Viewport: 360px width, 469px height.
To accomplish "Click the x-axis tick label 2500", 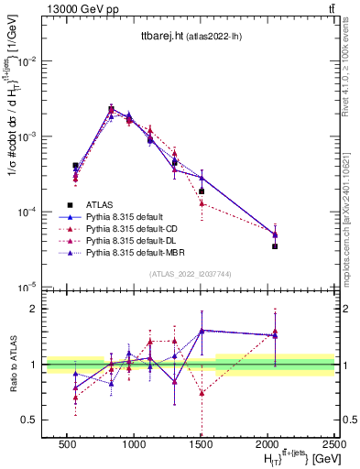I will point(334,442).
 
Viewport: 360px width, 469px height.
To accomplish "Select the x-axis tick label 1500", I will point(201,442).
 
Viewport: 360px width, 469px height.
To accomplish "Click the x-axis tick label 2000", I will point(267,442).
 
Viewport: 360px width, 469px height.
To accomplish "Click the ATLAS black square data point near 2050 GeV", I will point(275,246).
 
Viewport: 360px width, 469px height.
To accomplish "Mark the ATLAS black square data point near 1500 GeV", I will point(202,191).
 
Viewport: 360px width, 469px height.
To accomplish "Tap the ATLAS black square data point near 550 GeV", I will point(75,166).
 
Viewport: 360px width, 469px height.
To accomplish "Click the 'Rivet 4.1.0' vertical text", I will point(354,64).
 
